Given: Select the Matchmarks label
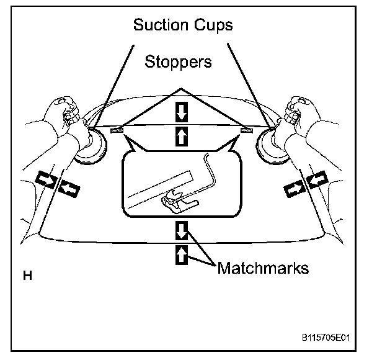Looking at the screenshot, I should [x=263, y=269].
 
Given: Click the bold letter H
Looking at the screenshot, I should [x=27, y=274].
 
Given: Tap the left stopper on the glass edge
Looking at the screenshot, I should [x=117, y=130].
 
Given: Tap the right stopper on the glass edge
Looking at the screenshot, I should [x=247, y=130].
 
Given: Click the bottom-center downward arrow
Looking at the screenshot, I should [x=181, y=231].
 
